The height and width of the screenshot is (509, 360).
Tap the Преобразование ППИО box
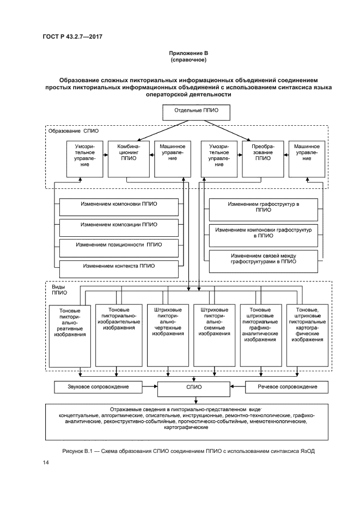point(263,158)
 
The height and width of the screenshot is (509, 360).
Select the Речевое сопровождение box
point(287,387)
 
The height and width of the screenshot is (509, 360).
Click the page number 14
point(46,463)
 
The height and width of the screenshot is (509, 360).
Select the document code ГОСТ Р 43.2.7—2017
point(73,36)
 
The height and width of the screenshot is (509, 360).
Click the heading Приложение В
point(188,53)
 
